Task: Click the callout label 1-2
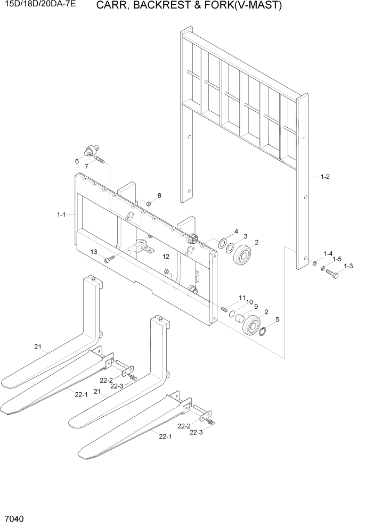click(326, 176)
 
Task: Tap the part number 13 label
click(93, 252)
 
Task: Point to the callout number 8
click(159, 196)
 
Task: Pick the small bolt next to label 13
click(109, 259)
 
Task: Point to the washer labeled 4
click(221, 244)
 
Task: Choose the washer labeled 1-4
click(314, 263)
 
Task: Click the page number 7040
click(14, 518)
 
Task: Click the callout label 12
click(166, 257)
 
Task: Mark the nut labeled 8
click(150, 203)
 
